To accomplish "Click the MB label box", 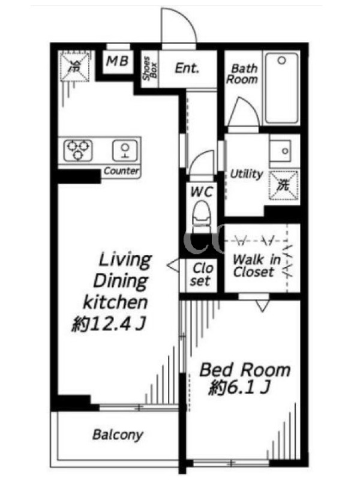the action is click(x=118, y=62).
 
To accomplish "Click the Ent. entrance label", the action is click(x=187, y=68).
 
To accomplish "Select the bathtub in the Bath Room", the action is click(x=281, y=88).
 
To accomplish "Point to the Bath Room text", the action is click(x=242, y=74).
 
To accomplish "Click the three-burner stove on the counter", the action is click(x=79, y=150).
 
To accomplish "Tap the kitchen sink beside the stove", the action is click(x=125, y=151).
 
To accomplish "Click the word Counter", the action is click(x=121, y=171).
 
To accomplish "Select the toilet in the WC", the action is click(x=202, y=216).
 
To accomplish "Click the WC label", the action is click(x=202, y=192).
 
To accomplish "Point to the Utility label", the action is click(x=247, y=174).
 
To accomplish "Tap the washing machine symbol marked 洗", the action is click(x=283, y=185).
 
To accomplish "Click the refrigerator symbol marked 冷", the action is click(x=74, y=67).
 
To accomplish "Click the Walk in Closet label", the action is click(x=257, y=265).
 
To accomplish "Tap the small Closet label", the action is click(x=201, y=275).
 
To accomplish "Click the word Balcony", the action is click(x=118, y=434).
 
